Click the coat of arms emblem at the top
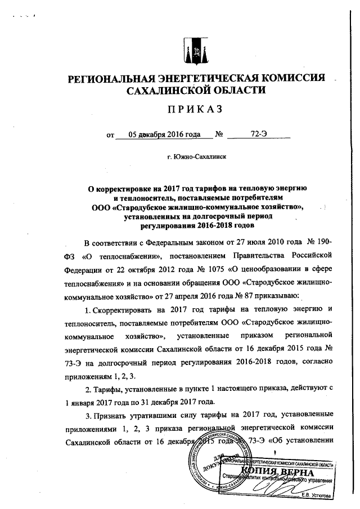click(x=196, y=51)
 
